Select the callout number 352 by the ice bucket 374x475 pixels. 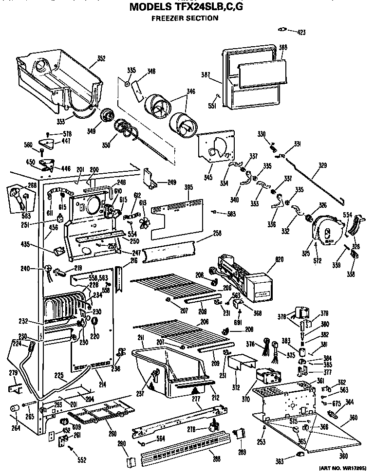101,58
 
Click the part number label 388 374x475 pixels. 283,47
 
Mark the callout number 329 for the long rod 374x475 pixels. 322,165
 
